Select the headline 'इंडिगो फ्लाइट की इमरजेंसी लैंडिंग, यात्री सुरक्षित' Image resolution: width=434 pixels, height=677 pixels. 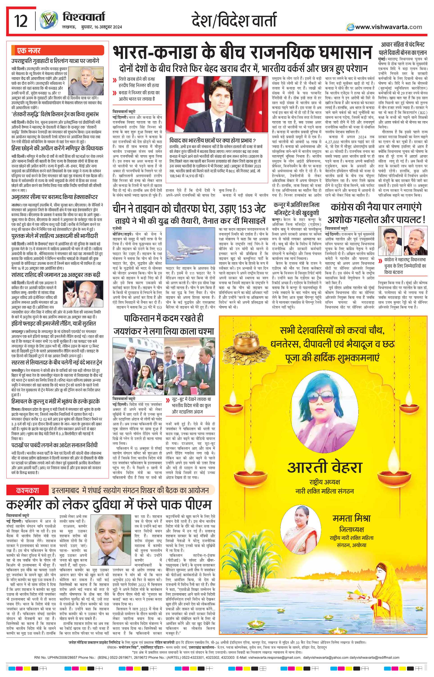click(54, 323)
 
